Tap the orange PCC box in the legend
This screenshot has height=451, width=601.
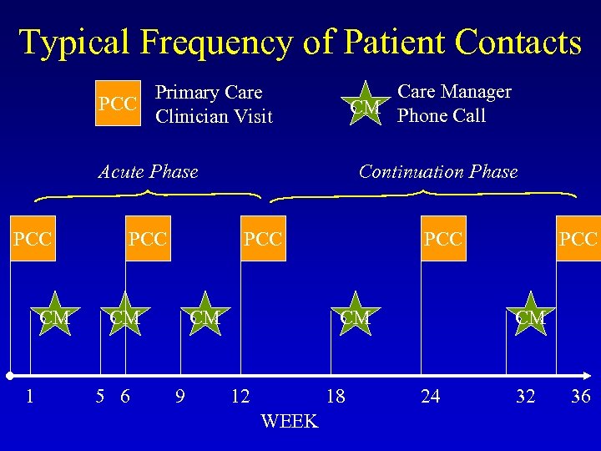pos(118,104)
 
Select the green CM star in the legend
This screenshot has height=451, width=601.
pos(365,105)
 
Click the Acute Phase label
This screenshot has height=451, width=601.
pos(148,172)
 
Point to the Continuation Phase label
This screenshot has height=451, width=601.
pos(437,172)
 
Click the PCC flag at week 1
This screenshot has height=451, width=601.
pos(33,239)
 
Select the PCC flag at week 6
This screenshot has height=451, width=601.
pos(148,239)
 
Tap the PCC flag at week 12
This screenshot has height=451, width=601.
pos(263,239)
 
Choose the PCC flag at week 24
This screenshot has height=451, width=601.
pos(442,239)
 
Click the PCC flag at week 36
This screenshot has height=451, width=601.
pos(579,239)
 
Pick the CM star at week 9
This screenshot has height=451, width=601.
pos(205,317)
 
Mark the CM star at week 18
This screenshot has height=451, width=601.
pos(355,317)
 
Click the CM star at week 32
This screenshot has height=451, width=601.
pos(530,317)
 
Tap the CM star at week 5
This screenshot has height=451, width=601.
pos(124,317)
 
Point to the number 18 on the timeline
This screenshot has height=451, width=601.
pos(335,396)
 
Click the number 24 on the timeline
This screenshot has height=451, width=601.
pos(430,396)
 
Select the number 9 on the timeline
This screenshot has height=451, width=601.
pos(179,396)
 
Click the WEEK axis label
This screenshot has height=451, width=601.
pos(289,421)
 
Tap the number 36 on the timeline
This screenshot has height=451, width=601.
pos(580,396)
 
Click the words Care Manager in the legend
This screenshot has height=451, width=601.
pos(454,92)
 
